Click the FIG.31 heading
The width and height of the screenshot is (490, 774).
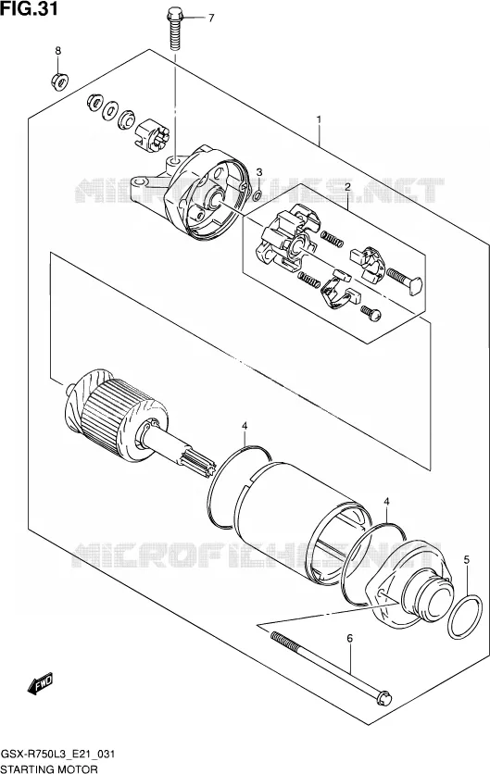pyautogui.click(x=29, y=8)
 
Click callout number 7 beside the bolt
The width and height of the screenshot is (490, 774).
pyautogui.click(x=211, y=19)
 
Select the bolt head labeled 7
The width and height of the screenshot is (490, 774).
pyautogui.click(x=174, y=16)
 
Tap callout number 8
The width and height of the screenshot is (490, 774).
pyautogui.click(x=57, y=50)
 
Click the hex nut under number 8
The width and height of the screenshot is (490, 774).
pyautogui.click(x=60, y=81)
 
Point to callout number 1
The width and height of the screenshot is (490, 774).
pyautogui.click(x=319, y=120)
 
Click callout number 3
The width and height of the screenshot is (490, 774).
pyautogui.click(x=258, y=172)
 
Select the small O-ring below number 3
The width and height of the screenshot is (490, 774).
pyautogui.click(x=258, y=196)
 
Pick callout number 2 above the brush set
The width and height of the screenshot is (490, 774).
pyautogui.click(x=347, y=187)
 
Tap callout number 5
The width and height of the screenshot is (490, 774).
pyautogui.click(x=466, y=560)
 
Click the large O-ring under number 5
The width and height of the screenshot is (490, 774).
pyautogui.click(x=465, y=617)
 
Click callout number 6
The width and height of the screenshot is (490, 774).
pyautogui.click(x=350, y=639)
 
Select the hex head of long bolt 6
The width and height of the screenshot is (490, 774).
pyautogui.click(x=384, y=698)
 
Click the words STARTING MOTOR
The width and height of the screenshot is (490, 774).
pyautogui.click(x=49, y=768)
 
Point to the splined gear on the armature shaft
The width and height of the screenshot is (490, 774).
pyautogui.click(x=198, y=464)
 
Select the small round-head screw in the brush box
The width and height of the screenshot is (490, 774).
pyautogui.click(x=371, y=312)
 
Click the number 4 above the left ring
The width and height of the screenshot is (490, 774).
pyautogui.click(x=245, y=426)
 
